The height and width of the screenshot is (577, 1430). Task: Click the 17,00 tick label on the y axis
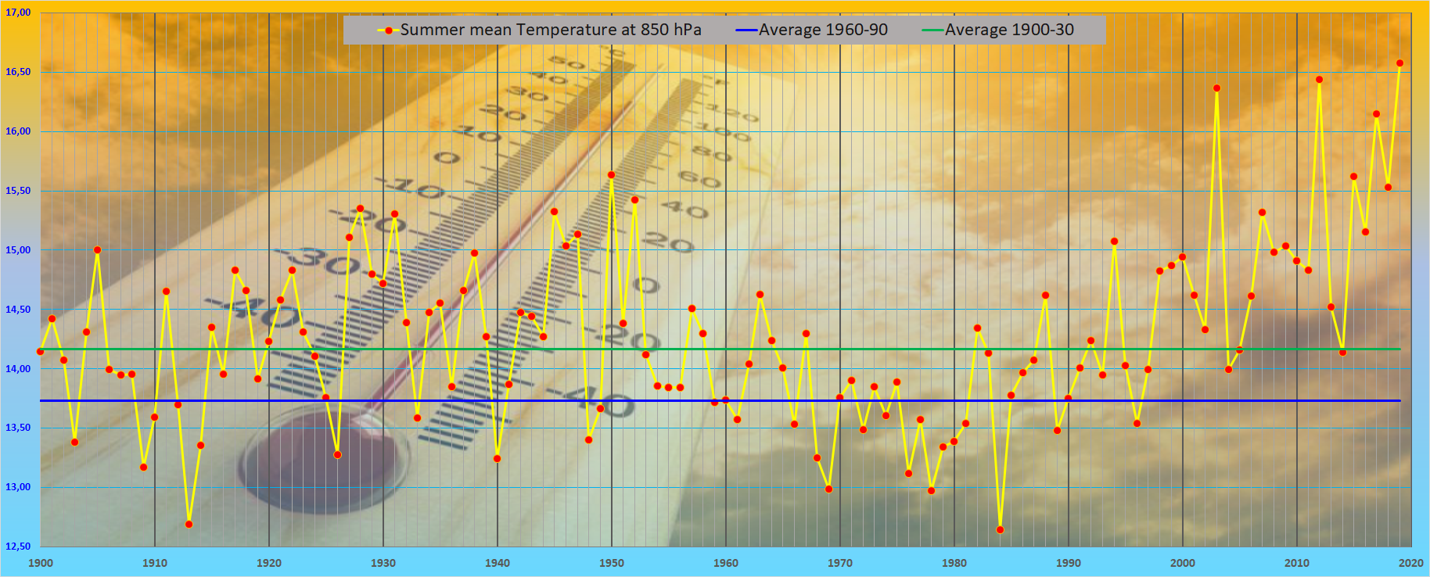pyautogui.click(x=18, y=13)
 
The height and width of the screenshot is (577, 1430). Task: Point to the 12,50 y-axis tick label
pyautogui.click(x=18, y=546)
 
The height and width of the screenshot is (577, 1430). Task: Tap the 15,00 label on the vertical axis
pyautogui.click(x=18, y=250)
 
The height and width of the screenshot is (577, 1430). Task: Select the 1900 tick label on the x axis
pyautogui.click(x=41, y=563)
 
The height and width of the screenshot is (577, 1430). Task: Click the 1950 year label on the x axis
pyautogui.click(x=612, y=563)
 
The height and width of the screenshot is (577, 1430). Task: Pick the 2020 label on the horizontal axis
pyautogui.click(x=1411, y=563)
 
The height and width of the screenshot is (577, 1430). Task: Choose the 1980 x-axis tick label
pyautogui.click(x=954, y=563)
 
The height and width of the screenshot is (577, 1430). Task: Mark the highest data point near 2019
pyautogui.click(x=1399, y=63)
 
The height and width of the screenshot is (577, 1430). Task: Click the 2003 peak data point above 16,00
pyautogui.click(x=1216, y=88)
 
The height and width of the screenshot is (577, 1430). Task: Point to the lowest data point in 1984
pyautogui.click(x=1000, y=530)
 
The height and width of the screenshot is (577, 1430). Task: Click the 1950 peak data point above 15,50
pyautogui.click(x=611, y=175)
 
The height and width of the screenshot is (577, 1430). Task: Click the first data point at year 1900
pyautogui.click(x=41, y=351)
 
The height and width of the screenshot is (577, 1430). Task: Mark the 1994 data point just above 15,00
pyautogui.click(x=1114, y=242)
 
